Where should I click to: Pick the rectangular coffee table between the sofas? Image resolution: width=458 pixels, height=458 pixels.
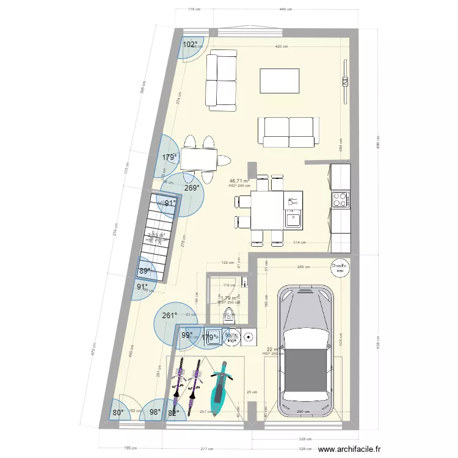(280, 81)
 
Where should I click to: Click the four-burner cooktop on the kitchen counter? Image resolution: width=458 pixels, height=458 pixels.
(340, 199)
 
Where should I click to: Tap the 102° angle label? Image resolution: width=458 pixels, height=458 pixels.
(190, 45)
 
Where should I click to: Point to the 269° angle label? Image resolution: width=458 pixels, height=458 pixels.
(192, 188)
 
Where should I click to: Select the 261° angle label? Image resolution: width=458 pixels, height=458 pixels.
(169, 316)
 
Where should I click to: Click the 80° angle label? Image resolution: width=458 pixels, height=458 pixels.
(118, 412)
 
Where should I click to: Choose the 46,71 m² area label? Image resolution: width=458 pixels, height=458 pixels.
(239, 181)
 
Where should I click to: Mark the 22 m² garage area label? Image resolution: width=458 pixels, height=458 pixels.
(272, 349)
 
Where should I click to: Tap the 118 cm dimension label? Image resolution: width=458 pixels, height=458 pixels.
(194, 9)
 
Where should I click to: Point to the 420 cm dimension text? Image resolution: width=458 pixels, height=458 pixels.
(281, 46)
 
